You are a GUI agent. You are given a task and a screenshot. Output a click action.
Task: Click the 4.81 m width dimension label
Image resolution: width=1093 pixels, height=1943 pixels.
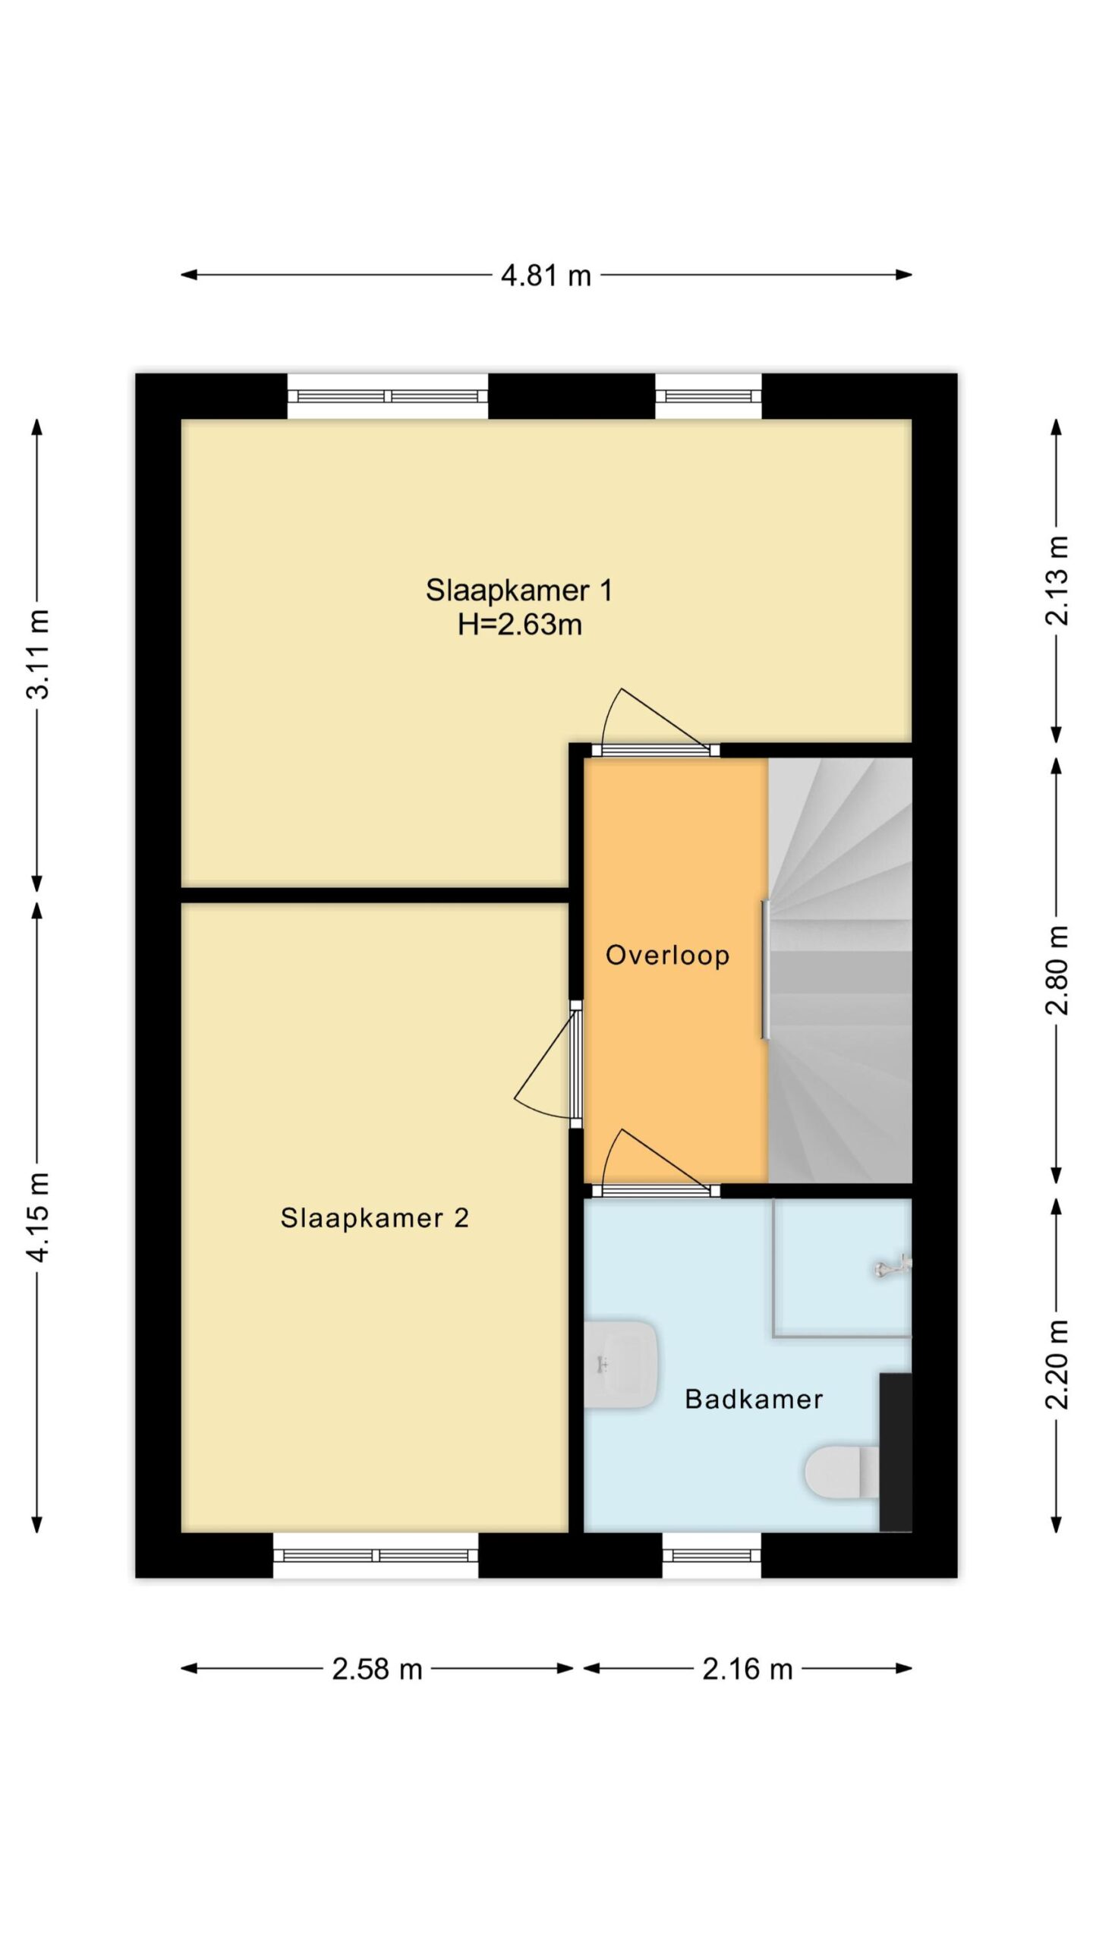tap(546, 275)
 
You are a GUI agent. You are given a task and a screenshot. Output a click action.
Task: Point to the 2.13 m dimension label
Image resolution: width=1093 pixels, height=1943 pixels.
tap(1057, 581)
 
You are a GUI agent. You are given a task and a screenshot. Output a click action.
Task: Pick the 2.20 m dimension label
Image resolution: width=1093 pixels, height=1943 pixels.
tap(1057, 1364)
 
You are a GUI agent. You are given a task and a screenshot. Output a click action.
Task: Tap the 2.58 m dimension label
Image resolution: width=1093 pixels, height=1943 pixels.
tap(377, 1669)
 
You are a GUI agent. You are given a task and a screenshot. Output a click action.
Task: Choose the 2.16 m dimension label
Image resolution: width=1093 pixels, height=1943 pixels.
tap(748, 1669)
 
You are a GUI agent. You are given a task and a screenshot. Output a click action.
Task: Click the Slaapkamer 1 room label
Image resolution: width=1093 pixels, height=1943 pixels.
tap(519, 590)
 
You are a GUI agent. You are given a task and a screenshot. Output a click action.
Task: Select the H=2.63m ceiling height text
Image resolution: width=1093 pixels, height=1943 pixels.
tap(520, 625)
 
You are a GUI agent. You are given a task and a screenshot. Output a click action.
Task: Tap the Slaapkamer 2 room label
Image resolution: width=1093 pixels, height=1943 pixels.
tap(375, 1218)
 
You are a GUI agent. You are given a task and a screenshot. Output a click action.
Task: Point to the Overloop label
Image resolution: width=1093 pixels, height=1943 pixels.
tap(668, 955)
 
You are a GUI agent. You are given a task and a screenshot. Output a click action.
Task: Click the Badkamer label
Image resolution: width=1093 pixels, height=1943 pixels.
tap(754, 1399)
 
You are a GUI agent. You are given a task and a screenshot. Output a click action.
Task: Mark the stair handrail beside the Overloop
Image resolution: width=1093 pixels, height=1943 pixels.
tap(766, 969)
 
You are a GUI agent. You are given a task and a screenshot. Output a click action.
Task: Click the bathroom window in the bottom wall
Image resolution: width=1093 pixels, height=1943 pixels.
tap(711, 1555)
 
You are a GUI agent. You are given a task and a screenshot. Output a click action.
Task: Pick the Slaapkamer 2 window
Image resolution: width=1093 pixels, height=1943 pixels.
tap(376, 1555)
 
